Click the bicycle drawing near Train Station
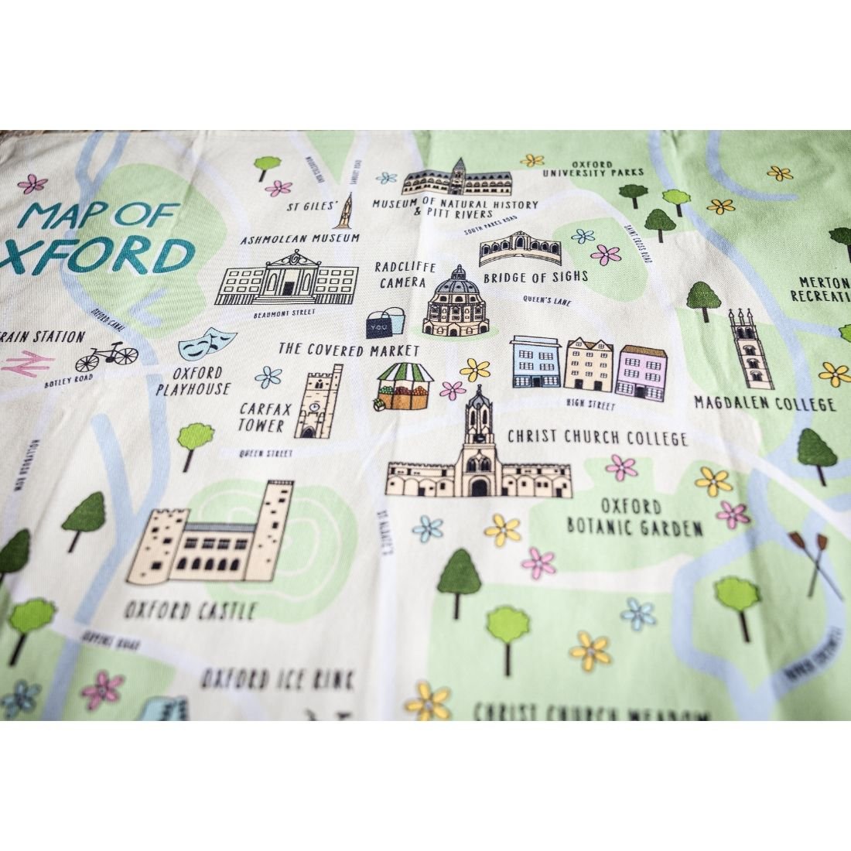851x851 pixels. click(107, 357)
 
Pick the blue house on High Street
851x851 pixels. click(535, 365)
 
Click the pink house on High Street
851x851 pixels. click(641, 372)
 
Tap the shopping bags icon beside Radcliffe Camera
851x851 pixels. click(386, 323)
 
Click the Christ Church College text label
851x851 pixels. click(597, 438)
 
